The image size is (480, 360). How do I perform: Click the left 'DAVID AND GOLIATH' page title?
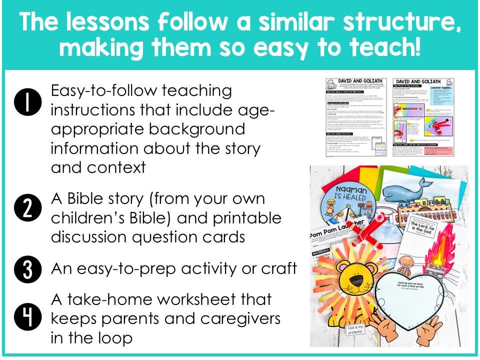point(356,81)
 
